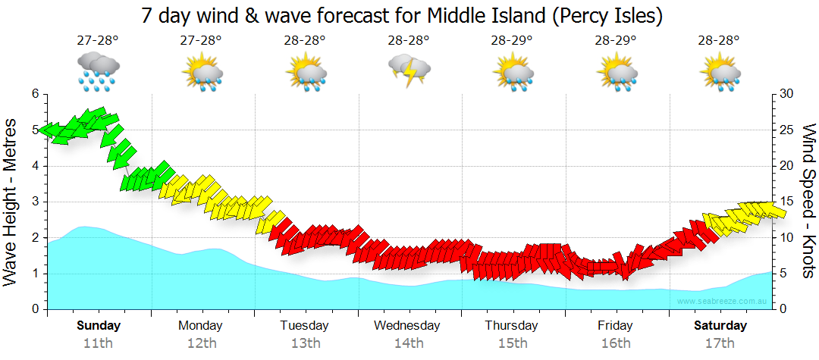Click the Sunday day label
click(98, 326)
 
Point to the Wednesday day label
click(407, 326)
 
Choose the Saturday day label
click(720, 326)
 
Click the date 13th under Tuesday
click(305, 343)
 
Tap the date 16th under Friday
click(616, 343)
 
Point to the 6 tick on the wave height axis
click(34, 94)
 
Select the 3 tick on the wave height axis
click(34, 202)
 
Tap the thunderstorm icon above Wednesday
click(409, 70)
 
